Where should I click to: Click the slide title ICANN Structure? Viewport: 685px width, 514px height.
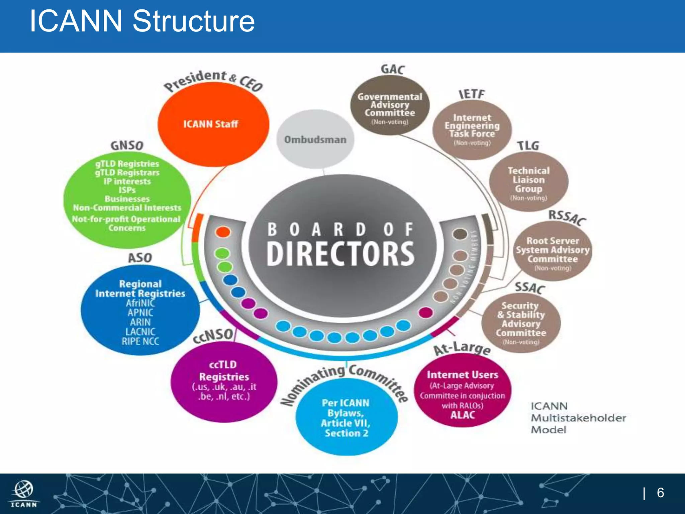[x=142, y=21]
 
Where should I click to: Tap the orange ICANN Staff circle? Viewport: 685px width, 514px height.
[x=213, y=124]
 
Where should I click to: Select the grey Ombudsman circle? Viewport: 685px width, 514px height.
[x=315, y=139]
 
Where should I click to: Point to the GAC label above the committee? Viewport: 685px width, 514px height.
[x=393, y=69]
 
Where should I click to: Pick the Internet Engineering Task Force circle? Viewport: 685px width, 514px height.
[x=472, y=129]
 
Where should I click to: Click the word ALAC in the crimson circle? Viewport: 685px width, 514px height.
[x=463, y=415]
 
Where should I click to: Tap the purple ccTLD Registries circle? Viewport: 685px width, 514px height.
[x=224, y=381]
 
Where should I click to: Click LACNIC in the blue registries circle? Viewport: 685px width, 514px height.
[x=140, y=332]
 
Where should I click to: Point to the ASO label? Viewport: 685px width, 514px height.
[x=140, y=258]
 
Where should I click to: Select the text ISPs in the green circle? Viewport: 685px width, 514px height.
[x=127, y=190]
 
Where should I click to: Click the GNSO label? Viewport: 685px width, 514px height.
[x=127, y=146]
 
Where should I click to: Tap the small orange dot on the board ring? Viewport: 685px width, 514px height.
[x=223, y=232]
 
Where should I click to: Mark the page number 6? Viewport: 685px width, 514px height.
[x=660, y=493]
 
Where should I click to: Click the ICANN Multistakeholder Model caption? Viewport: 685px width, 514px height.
[x=578, y=418]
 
